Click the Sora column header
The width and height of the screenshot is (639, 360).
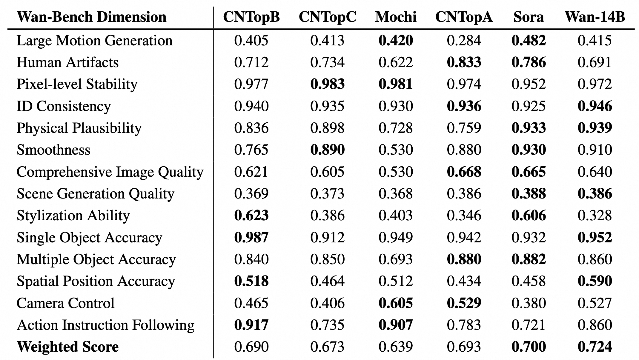point(529,17)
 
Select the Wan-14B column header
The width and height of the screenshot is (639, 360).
point(595,17)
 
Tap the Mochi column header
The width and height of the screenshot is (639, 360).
point(396,17)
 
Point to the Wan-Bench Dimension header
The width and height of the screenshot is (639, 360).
point(91,17)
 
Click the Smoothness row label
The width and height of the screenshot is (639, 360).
point(53,150)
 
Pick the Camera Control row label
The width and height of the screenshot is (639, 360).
point(66,303)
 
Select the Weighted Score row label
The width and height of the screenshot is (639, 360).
point(68,347)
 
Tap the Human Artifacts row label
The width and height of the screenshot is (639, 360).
point(67,62)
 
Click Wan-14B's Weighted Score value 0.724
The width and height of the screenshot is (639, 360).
point(595,347)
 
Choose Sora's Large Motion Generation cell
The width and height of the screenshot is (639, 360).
point(529,41)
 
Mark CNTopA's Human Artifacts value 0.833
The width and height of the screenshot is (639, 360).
point(464,62)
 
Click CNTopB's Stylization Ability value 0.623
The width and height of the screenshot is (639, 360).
point(251,216)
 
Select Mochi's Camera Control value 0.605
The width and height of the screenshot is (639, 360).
point(396,303)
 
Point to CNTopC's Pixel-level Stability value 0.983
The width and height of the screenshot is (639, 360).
point(328,84)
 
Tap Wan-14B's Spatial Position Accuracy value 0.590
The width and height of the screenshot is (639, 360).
point(595,281)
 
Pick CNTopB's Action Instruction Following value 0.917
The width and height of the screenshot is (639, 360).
point(251,325)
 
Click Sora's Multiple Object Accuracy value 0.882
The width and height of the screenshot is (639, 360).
point(529,259)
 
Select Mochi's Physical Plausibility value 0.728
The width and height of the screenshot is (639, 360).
point(396,128)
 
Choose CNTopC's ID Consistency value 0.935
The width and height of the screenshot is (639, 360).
point(328,106)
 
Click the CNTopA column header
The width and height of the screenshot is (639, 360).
point(464,17)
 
